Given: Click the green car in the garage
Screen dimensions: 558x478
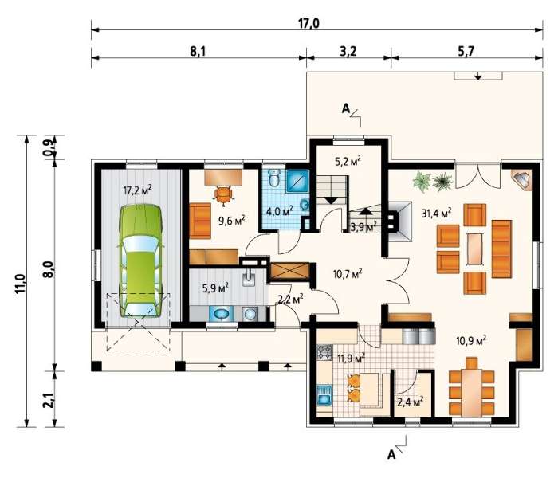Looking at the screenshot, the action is pyautogui.click(x=141, y=261).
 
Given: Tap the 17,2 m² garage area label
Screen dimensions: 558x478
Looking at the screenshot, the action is pyautogui.click(x=138, y=190).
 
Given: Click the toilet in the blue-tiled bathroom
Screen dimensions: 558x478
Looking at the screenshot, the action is pyautogui.click(x=274, y=178).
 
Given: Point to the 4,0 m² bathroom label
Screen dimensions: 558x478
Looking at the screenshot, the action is pyautogui.click(x=280, y=211).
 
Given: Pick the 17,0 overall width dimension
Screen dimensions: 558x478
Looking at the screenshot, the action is pyautogui.click(x=308, y=23).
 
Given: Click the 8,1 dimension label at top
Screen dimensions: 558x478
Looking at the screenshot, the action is pyautogui.click(x=198, y=52).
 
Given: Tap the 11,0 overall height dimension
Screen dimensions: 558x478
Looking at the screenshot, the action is pyautogui.click(x=21, y=284).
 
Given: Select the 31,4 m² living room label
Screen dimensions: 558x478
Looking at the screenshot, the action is pyautogui.click(x=437, y=213).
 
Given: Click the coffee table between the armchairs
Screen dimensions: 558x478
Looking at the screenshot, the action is pyautogui.click(x=475, y=249).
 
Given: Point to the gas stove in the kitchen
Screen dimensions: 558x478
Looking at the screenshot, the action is pyautogui.click(x=325, y=352).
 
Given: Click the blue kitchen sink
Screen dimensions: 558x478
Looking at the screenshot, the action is pyautogui.click(x=324, y=395).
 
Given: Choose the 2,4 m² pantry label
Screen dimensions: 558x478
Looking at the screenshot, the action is pyautogui.click(x=410, y=402).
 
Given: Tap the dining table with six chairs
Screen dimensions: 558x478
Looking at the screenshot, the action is pyautogui.click(x=472, y=390).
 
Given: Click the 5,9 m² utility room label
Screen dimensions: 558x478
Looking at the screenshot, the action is pyautogui.click(x=215, y=288).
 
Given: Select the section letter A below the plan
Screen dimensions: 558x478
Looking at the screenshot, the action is pyautogui.click(x=391, y=455).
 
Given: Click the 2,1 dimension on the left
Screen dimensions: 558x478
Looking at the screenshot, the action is pyautogui.click(x=49, y=398).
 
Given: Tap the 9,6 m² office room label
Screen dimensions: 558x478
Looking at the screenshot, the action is pyautogui.click(x=232, y=221).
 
